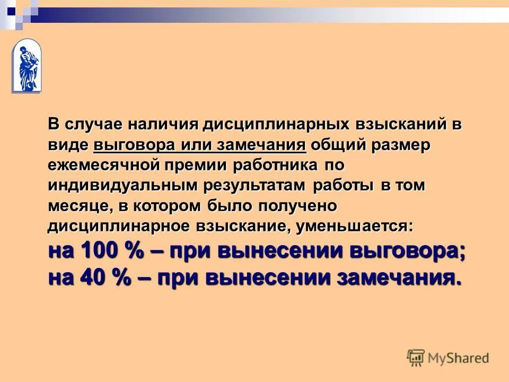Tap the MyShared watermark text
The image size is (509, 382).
[x=458, y=358]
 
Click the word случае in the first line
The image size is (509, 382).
[x=93, y=125]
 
